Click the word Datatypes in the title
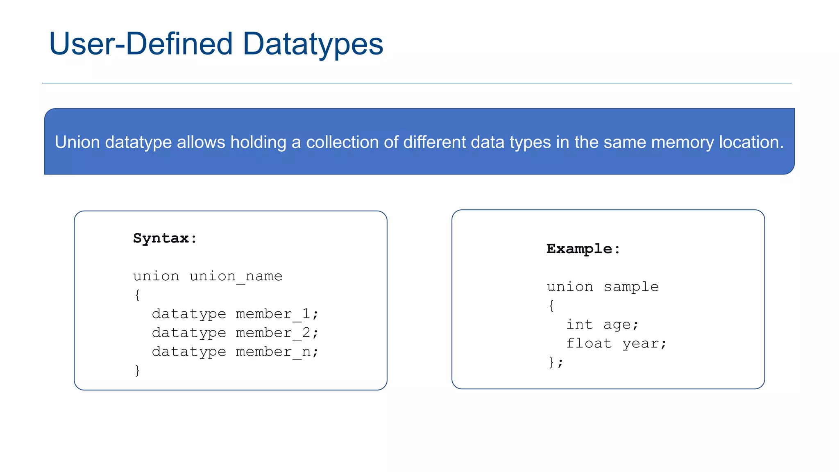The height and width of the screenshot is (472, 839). pyautogui.click(x=313, y=44)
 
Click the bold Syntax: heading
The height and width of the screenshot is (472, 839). pyautogui.click(x=165, y=238)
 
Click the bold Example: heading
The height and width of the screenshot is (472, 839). pyautogui.click(x=583, y=249)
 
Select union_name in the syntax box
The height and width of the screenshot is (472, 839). pyautogui.click(x=236, y=276)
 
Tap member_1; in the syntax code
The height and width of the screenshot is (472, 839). pyautogui.click(x=277, y=314)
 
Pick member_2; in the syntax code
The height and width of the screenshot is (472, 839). pyautogui.click(x=277, y=333)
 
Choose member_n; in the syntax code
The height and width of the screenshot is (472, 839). pyautogui.click(x=277, y=352)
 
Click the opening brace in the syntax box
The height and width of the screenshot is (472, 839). pyautogui.click(x=137, y=295)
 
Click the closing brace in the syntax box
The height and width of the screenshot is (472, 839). pyautogui.click(x=137, y=370)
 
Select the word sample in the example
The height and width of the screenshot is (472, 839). pyautogui.click(x=631, y=287)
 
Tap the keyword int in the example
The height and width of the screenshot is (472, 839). pyautogui.click(x=579, y=324)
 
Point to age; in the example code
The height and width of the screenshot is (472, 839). pyautogui.click(x=621, y=325)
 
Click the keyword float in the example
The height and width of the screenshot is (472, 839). pyautogui.click(x=589, y=343)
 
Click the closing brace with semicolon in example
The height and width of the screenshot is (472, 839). pyautogui.click(x=556, y=362)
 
